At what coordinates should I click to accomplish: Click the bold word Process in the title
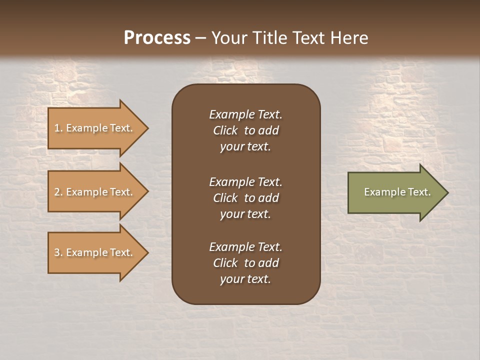pos(157,38)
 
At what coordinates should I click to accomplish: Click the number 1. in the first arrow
pos(58,128)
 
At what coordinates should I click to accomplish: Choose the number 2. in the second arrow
pos(58,192)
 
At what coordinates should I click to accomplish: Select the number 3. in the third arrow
pos(58,252)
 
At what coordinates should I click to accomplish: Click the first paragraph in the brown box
pos(245,130)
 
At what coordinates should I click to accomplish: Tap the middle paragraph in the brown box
pos(245,198)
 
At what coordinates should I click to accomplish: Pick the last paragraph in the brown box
pos(245,263)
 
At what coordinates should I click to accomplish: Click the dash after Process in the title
pos(200,38)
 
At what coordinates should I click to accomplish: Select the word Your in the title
pos(229,38)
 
